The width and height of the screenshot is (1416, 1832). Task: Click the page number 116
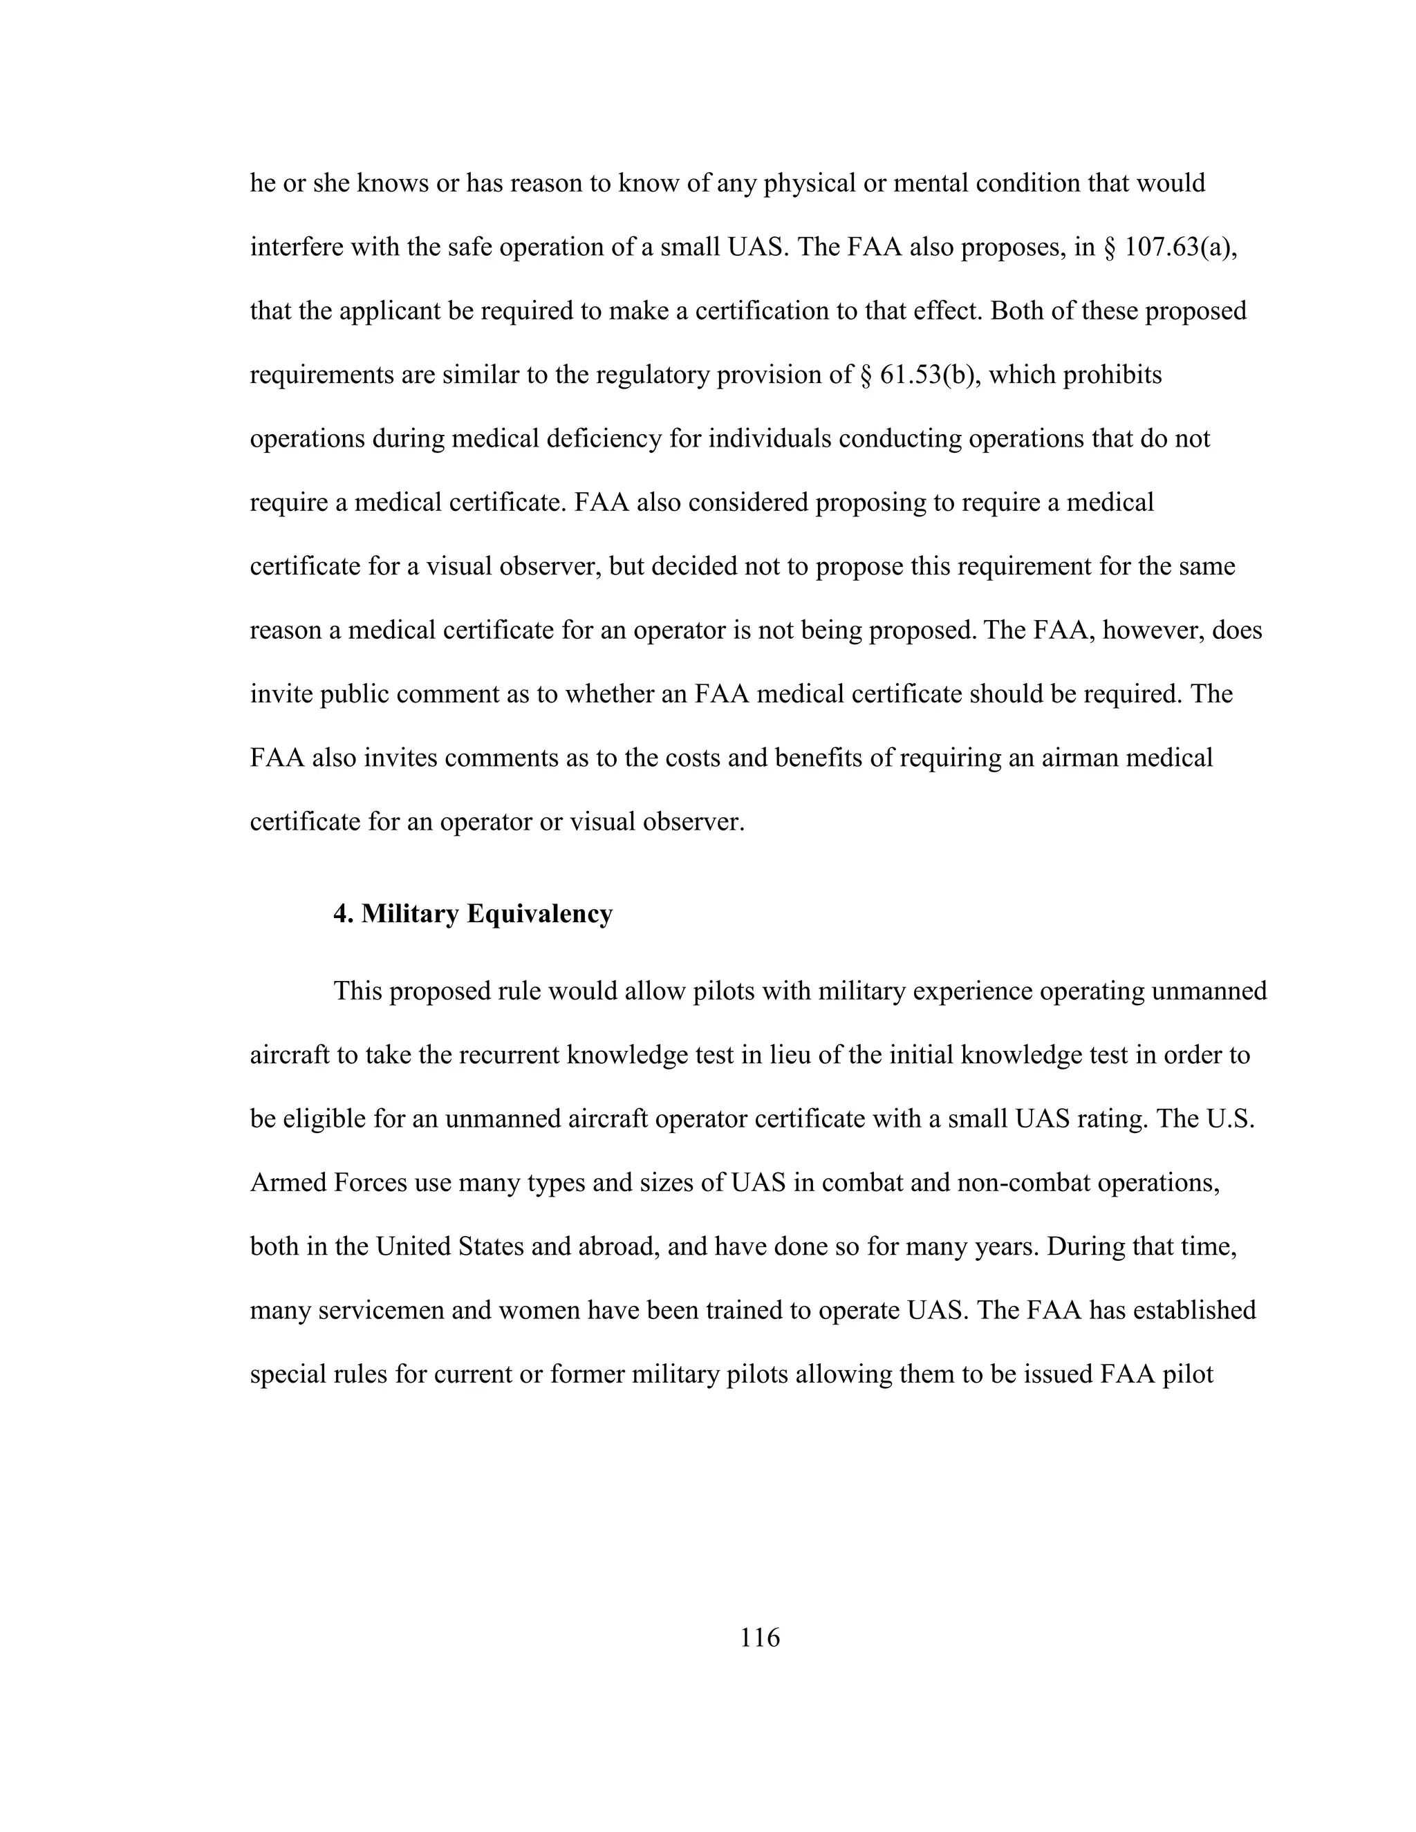click(759, 1636)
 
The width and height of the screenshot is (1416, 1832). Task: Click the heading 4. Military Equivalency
click(473, 913)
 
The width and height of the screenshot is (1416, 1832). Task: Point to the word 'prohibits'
click(1112, 375)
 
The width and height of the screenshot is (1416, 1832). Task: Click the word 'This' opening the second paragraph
click(358, 991)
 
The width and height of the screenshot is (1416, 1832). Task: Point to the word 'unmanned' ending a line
click(1209, 991)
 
